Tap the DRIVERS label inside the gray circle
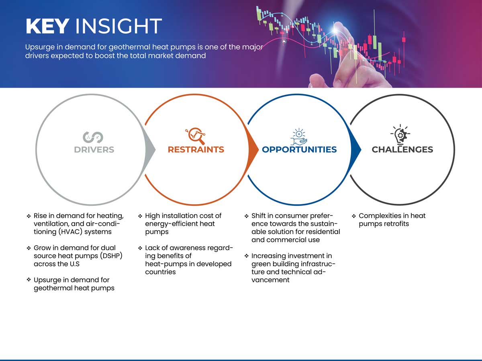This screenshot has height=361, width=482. [x=94, y=150]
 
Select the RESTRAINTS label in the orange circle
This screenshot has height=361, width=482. [x=196, y=150]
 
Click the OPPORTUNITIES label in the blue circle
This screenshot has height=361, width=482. [x=299, y=150]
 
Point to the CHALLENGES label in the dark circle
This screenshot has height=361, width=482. [x=402, y=150]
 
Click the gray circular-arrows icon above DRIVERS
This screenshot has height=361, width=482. [x=93, y=137]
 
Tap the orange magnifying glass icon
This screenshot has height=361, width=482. [x=196, y=136]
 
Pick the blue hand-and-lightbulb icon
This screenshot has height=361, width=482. [x=299, y=137]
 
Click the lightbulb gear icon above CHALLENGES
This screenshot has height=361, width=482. [x=400, y=134]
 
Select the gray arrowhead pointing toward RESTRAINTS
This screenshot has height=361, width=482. [x=150, y=150]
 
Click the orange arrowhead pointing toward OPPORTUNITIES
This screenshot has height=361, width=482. [x=253, y=150]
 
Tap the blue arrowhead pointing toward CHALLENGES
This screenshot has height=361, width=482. [x=355, y=150]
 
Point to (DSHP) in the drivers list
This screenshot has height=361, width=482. [x=111, y=256]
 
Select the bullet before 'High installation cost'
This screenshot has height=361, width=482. [x=140, y=216]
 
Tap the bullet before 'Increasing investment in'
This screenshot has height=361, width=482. [x=246, y=256]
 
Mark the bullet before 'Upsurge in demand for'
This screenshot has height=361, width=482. [x=29, y=280]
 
